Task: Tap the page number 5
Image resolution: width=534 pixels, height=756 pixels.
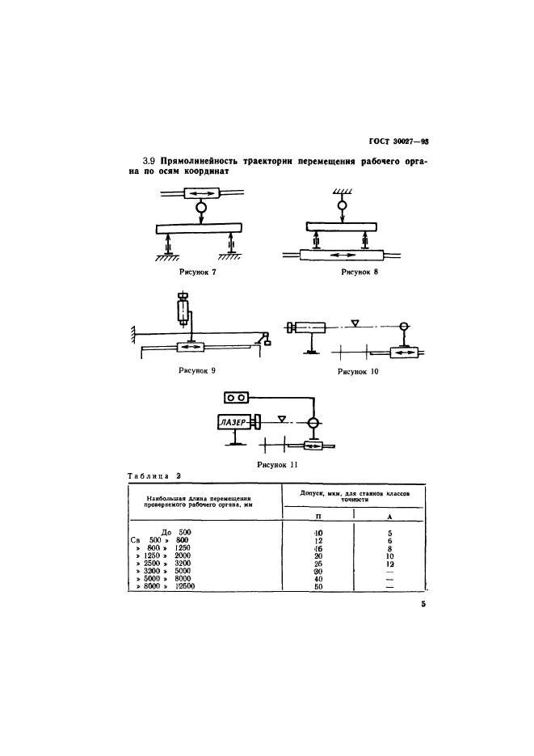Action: tap(422, 602)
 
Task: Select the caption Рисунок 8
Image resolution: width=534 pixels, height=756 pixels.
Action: tap(360, 272)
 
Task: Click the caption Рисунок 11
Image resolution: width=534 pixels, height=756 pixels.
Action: tap(277, 465)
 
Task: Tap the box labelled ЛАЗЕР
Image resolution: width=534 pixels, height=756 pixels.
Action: tap(233, 422)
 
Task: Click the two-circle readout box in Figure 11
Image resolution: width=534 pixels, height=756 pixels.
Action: tap(238, 397)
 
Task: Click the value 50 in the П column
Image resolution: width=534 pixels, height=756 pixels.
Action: tap(317, 587)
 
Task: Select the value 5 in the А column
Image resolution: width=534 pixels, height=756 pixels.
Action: tap(389, 533)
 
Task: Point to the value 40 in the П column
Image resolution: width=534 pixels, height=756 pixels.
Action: tap(317, 579)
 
